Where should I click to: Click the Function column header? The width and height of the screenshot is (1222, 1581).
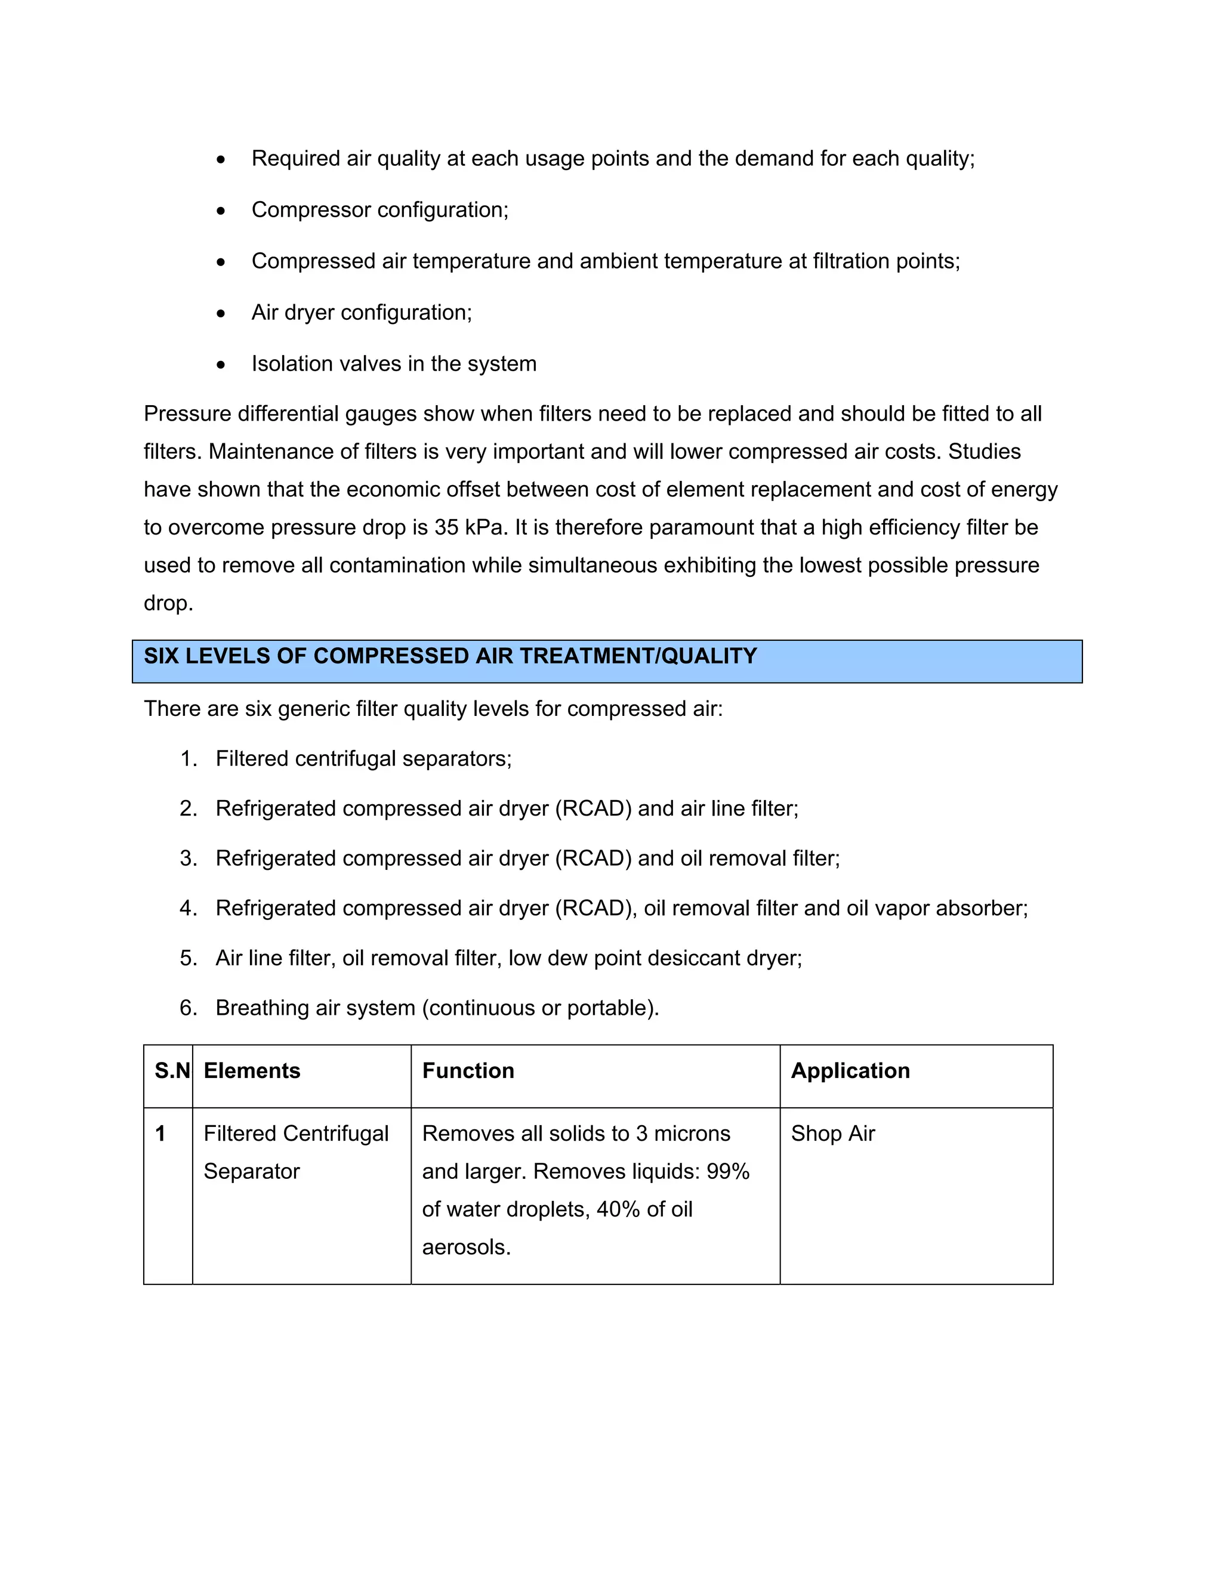pos(468,1071)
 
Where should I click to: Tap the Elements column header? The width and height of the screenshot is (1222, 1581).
pos(252,1071)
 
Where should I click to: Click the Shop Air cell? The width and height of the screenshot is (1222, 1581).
pos(832,1134)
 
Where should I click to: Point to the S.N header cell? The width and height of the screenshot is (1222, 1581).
pos(172,1071)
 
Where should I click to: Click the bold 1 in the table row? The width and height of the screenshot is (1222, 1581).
pos(161,1134)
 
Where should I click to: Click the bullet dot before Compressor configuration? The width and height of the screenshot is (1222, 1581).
pos(221,211)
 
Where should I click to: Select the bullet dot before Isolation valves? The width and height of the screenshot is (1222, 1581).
pos(221,365)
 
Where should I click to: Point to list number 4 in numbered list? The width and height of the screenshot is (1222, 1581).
pos(188,909)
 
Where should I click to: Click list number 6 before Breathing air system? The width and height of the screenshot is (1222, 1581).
pos(188,1008)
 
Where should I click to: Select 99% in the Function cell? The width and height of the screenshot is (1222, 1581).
pos(727,1171)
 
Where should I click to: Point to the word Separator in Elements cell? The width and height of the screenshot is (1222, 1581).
pos(251,1171)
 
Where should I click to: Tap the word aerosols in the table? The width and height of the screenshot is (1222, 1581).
pos(465,1247)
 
